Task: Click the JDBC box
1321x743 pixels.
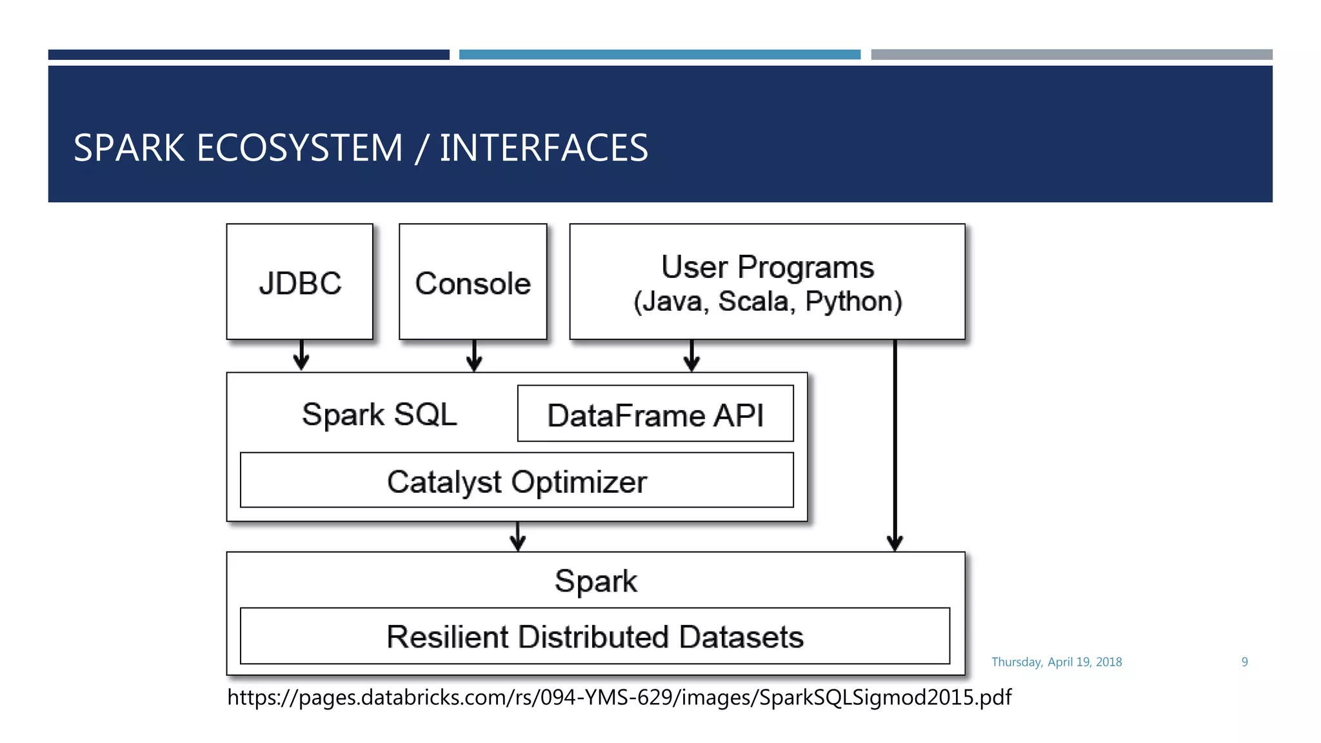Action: point(300,282)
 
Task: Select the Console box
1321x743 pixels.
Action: point(473,282)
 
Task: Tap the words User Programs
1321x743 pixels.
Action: point(768,267)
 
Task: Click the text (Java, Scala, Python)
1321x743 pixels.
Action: point(768,302)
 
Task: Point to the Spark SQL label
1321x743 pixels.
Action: point(379,414)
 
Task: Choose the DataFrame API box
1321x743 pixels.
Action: point(655,414)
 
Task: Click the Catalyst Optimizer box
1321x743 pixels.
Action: point(517,480)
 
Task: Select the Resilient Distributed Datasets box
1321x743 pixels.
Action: point(595,636)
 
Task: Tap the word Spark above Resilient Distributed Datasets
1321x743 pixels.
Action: point(595,580)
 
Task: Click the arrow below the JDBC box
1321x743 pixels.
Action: point(301,355)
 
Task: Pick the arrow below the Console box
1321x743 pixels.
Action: point(474,355)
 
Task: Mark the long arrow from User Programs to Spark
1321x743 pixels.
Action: point(895,445)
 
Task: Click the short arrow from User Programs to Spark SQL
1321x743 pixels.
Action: point(691,355)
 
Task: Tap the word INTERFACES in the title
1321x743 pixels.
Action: point(544,148)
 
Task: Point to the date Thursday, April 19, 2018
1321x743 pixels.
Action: point(1057,662)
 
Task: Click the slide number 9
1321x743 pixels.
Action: point(1244,662)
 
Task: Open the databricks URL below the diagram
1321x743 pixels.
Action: point(619,697)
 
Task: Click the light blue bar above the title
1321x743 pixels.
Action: point(659,55)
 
